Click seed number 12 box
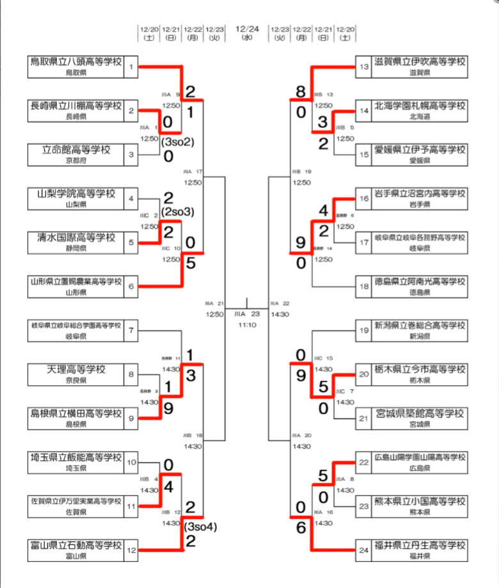(x=131, y=550)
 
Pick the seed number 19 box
(x=364, y=330)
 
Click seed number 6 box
(x=131, y=286)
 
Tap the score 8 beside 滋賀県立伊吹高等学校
(x=301, y=91)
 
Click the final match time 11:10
(x=247, y=324)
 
